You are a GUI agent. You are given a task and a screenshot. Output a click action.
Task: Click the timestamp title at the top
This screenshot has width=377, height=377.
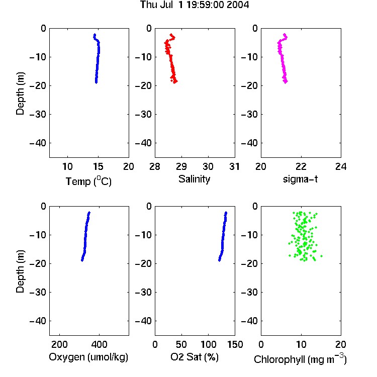tap(194, 5)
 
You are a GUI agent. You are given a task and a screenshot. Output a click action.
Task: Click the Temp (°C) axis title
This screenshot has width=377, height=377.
tap(88, 181)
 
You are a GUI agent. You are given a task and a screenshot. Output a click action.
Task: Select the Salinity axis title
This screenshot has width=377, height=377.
tap(194, 179)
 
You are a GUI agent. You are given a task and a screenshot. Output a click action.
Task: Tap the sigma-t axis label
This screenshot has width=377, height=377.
tap(300, 179)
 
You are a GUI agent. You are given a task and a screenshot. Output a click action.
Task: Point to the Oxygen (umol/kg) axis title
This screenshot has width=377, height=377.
tap(88, 357)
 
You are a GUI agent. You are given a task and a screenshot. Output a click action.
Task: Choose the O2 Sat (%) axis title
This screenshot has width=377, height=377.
tap(194, 357)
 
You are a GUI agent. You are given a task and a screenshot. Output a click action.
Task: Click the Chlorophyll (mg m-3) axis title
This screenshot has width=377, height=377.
tap(300, 359)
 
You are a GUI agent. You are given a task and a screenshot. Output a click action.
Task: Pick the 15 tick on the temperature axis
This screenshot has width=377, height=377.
tap(98, 166)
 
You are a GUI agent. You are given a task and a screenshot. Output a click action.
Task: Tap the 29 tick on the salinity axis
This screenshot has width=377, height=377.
tap(181, 166)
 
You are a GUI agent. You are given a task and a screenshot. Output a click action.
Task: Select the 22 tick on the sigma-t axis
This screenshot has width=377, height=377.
tap(301, 166)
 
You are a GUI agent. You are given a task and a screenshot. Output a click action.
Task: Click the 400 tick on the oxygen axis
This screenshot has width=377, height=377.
tap(99, 344)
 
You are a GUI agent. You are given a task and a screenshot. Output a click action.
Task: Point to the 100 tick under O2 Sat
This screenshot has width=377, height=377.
tap(208, 344)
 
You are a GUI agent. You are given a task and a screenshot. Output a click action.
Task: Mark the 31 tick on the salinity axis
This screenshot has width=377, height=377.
tap(234, 166)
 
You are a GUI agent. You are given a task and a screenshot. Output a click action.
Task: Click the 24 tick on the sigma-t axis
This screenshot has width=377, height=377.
tap(341, 166)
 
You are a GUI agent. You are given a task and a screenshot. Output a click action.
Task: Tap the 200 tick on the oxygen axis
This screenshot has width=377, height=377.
tap(59, 344)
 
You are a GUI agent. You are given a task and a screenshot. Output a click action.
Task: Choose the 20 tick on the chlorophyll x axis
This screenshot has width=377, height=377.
tap(341, 344)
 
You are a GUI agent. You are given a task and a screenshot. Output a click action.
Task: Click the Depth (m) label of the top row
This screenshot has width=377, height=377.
tap(20, 93)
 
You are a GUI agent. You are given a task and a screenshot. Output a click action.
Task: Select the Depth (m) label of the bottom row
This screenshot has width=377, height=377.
tap(20, 271)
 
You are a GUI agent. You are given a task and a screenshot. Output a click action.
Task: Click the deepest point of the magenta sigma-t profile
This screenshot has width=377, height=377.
tap(286, 82)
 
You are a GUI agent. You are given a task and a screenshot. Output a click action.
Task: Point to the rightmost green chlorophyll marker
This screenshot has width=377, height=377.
tap(322, 256)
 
